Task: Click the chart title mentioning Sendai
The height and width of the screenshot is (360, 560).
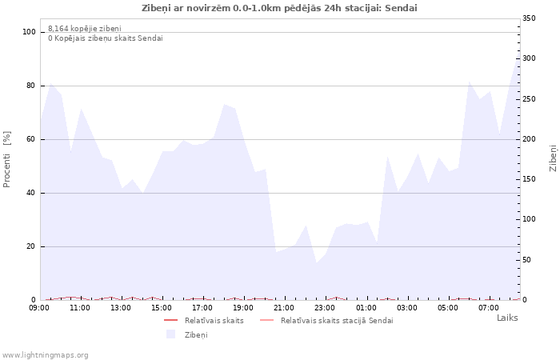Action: point(279,8)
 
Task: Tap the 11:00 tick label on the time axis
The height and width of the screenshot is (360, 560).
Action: point(80,307)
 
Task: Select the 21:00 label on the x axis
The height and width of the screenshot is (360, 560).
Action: point(284,307)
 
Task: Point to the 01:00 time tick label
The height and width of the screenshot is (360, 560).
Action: point(366,307)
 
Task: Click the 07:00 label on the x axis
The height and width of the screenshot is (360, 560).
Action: point(489,307)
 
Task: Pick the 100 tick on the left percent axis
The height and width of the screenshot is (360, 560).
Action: point(30,32)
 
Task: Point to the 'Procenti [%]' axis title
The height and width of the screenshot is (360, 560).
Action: point(7,159)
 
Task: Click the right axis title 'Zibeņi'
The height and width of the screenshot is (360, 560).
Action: point(553,158)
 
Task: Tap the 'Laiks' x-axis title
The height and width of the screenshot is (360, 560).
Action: point(507,318)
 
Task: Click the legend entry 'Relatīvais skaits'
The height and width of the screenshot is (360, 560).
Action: point(214,320)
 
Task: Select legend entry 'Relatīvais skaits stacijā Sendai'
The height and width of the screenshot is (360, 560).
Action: point(336,320)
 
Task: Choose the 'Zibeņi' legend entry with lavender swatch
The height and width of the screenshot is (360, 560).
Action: point(195,334)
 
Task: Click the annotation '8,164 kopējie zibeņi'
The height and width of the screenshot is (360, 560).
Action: point(84,29)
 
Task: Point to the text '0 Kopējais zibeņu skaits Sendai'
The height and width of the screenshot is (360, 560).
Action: point(105,38)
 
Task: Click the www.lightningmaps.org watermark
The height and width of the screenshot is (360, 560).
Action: point(46,354)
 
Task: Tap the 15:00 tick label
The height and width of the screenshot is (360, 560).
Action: point(162,307)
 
